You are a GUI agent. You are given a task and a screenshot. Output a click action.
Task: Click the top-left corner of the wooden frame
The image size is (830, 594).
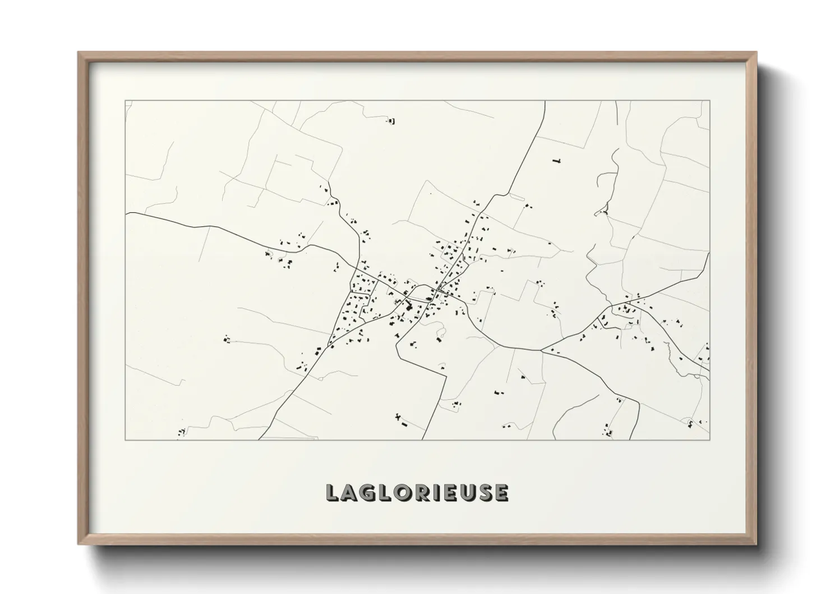(x=78, y=52)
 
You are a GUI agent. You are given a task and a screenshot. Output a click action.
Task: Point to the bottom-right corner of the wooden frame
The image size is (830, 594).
(x=757, y=545)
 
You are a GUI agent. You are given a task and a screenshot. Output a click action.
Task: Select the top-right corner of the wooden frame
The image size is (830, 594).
(x=757, y=52)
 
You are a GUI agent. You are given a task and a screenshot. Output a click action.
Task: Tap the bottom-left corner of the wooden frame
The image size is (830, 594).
(x=78, y=545)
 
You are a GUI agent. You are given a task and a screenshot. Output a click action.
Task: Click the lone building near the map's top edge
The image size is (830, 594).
(x=391, y=120)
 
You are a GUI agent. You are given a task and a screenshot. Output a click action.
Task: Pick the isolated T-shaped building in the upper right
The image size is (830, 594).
(x=556, y=161)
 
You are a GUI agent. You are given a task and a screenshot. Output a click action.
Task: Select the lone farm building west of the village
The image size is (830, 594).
(x=227, y=339)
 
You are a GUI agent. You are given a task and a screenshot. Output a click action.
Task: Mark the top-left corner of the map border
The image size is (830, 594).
(x=125, y=101)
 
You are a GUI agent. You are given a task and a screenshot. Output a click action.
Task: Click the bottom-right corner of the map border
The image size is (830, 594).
(x=709, y=440)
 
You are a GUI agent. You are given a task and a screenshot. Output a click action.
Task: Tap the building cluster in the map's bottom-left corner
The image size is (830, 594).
(x=182, y=432)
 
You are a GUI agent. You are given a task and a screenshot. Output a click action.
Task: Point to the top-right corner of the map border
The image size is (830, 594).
(x=709, y=101)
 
